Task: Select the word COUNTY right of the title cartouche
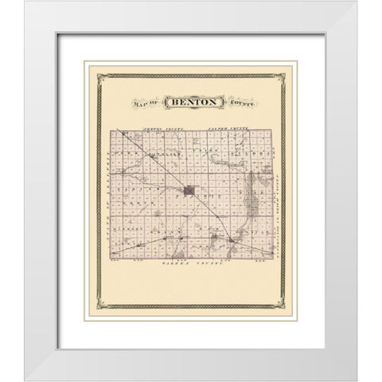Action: tap(237, 104)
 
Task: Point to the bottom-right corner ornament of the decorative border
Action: tap(288, 307)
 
